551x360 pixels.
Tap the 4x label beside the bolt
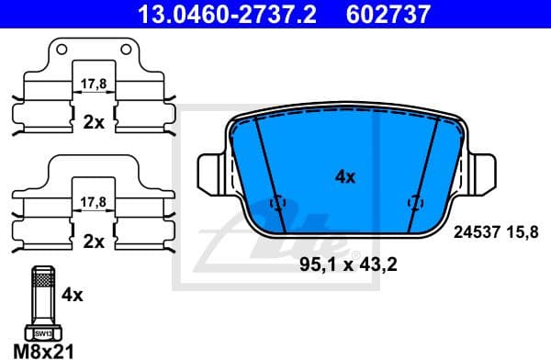73,296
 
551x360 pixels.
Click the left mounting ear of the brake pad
209,171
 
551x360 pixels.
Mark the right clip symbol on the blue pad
414,204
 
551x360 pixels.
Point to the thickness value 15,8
523,232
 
